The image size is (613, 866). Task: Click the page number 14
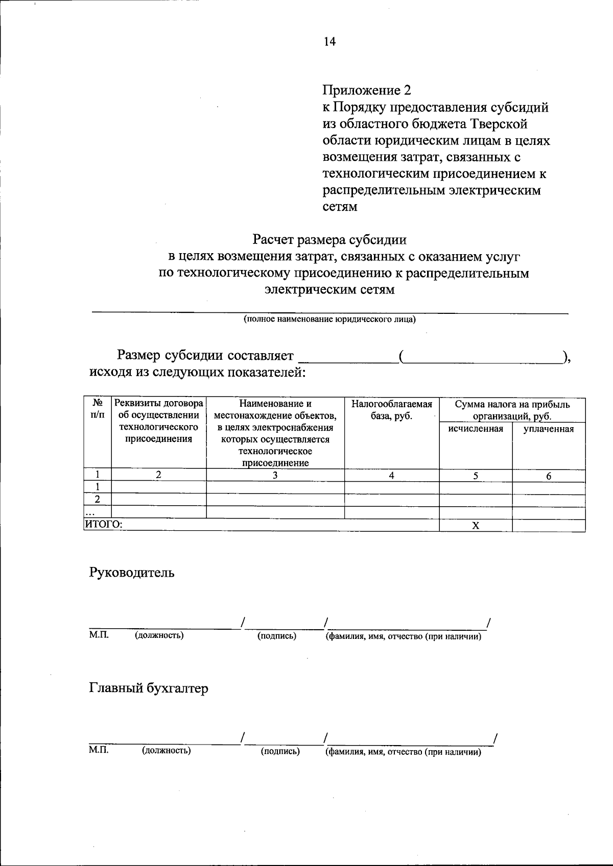click(x=329, y=42)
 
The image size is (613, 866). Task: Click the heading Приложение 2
click(x=366, y=90)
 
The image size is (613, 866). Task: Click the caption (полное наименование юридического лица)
click(x=329, y=319)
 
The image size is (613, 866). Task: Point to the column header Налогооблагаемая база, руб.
click(x=391, y=410)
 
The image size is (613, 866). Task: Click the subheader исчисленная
click(x=476, y=429)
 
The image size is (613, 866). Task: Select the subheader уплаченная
click(x=549, y=429)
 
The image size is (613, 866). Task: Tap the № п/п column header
click(x=97, y=409)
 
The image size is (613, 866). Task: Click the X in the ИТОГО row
click(x=476, y=526)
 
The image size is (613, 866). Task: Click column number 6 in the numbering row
click(x=549, y=476)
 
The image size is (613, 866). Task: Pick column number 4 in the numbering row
click(x=391, y=475)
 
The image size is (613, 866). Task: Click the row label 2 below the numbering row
click(x=97, y=499)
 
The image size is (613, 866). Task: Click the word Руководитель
click(x=132, y=573)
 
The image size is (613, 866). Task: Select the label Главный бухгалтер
click(x=149, y=688)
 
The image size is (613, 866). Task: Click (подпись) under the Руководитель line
click(x=277, y=636)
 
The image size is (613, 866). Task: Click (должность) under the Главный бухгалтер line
click(x=167, y=751)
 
